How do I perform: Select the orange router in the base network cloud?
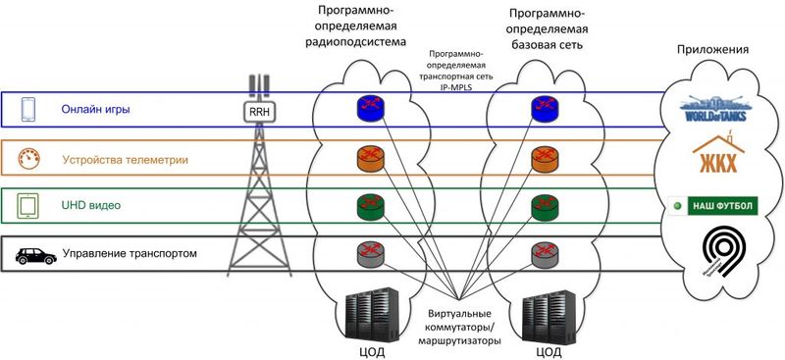pyautogui.click(x=545, y=156)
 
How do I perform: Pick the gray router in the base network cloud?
pyautogui.click(x=545, y=253)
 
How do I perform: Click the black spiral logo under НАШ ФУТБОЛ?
pyautogui.click(x=726, y=254)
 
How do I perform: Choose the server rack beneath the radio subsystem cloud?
pyautogui.click(x=369, y=312)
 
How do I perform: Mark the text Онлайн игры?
pyautogui.click(x=95, y=109)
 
